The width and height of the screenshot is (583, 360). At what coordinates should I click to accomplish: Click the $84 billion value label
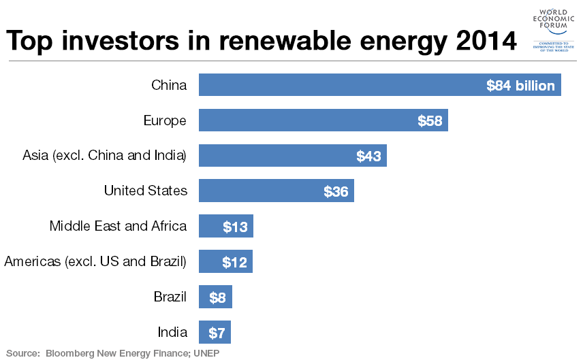tap(520, 86)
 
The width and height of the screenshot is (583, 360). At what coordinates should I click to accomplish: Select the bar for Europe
tap(323, 121)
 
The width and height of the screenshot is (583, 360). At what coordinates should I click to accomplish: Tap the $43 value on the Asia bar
tap(368, 157)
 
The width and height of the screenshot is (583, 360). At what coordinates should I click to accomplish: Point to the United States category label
tap(145, 191)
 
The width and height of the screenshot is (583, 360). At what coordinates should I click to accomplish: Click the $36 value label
tap(336, 192)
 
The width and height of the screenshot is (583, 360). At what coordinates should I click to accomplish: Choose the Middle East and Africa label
tap(118, 226)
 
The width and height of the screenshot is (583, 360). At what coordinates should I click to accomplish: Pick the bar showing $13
tap(225, 227)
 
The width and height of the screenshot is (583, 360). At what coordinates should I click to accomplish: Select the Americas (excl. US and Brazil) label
tap(95, 261)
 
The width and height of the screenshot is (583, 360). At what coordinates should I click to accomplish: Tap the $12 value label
tap(235, 263)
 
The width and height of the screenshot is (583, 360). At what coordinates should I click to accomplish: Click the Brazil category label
tap(170, 297)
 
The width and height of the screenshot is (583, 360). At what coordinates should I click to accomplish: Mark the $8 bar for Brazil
tap(215, 297)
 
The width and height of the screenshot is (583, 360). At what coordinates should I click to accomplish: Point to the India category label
tap(172, 332)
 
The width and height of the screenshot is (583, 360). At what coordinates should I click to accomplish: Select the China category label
tap(169, 85)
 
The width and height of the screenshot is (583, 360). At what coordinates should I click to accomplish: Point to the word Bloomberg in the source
tap(70, 353)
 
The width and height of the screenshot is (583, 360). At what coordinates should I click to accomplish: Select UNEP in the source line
tap(206, 353)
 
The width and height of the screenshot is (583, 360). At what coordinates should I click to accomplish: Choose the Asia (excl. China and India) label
tap(104, 155)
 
